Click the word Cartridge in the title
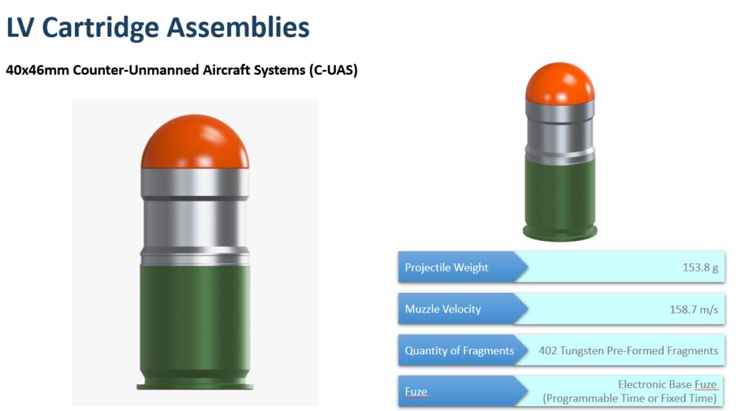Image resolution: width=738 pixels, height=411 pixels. [x=100, y=28]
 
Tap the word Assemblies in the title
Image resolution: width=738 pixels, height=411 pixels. [x=238, y=27]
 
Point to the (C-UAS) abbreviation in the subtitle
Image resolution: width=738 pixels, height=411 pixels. [x=333, y=70]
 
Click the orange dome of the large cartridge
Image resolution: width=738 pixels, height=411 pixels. [x=195, y=142]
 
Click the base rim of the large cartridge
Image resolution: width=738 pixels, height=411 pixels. [x=195, y=387]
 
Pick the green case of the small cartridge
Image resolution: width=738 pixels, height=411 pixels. [x=560, y=197]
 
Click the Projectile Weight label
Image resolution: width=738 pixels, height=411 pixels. [x=446, y=268]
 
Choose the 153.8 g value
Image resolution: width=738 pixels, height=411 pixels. [x=701, y=268]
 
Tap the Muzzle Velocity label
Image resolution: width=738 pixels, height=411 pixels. [x=443, y=309]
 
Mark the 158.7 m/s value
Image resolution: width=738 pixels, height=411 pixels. [x=694, y=310]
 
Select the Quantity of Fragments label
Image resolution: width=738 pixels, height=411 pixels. [x=459, y=351]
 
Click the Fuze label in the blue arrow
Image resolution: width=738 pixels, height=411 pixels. [x=416, y=392]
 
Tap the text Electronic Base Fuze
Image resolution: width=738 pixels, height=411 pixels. [x=667, y=384]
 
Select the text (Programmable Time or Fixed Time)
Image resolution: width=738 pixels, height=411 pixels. [x=630, y=399]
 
